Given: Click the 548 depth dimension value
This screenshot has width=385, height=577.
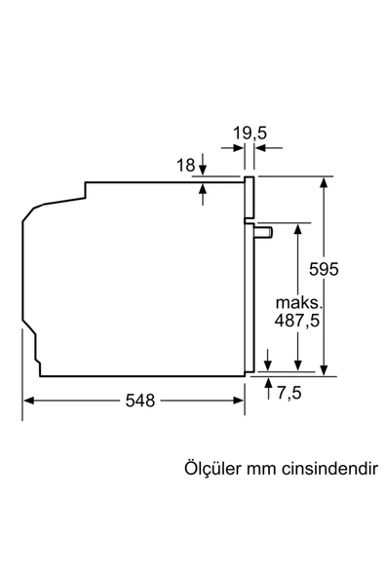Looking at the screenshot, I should pyautogui.click(x=139, y=402).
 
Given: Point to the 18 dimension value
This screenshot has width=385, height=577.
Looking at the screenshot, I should pyautogui.click(x=185, y=166).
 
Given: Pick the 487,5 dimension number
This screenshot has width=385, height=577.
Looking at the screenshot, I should pyautogui.click(x=294, y=319).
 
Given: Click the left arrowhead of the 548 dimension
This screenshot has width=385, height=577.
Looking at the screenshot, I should pyautogui.click(x=28, y=401).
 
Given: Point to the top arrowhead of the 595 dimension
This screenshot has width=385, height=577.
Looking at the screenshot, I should pyautogui.click(x=324, y=182).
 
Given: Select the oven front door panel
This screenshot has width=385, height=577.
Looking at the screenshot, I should pyautogui.click(x=250, y=273).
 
